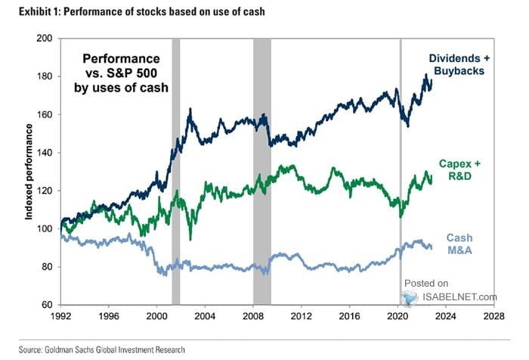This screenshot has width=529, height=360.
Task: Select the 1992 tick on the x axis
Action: pyautogui.click(x=60, y=317)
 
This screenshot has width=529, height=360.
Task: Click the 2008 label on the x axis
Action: pyautogui.click(x=253, y=317)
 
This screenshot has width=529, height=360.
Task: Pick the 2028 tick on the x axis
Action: pyautogui.click(x=495, y=317)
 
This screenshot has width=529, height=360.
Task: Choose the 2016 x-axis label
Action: pyautogui.click(x=350, y=317)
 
